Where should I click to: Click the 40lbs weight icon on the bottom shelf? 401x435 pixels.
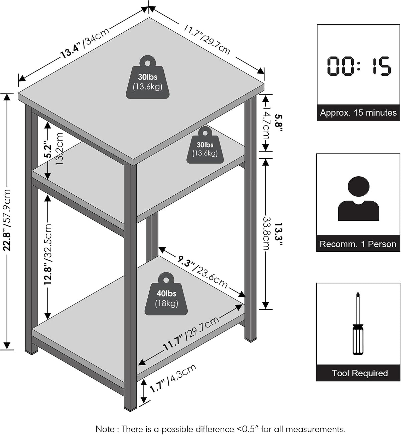pos(166,293)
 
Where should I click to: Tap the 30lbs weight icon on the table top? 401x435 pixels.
pos(148,77)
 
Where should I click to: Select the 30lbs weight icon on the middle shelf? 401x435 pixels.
pos(205,145)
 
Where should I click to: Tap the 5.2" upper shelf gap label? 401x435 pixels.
pos(48,150)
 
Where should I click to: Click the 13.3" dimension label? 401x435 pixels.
pos(279,234)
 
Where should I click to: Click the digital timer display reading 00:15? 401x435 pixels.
pos(359,66)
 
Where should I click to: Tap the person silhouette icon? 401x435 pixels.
pos(359,198)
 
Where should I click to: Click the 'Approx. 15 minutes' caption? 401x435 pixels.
pos(358,113)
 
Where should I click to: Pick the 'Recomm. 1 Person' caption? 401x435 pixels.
pos(358,244)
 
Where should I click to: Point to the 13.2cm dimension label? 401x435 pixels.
pos(59,149)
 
